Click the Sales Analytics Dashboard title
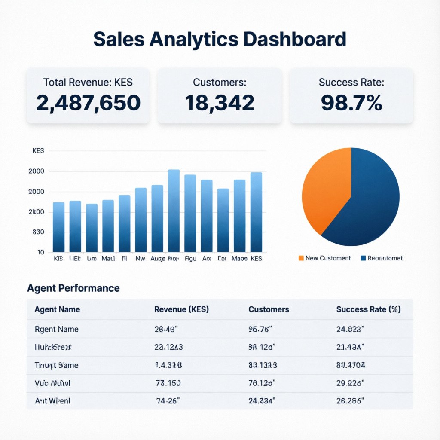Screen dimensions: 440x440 [220, 39]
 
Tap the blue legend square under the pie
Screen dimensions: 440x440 [363, 258]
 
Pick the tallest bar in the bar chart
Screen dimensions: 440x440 [174, 211]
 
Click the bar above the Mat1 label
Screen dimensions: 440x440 [108, 226]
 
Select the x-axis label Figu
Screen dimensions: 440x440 [190, 259]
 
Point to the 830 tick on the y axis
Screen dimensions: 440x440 [38, 232]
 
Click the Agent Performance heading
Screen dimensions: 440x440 [73, 288]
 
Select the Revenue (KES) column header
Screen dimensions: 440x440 [181, 309]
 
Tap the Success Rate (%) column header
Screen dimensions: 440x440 [368, 309]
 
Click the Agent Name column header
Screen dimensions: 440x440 [57, 309]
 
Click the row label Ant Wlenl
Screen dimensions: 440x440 [52, 401]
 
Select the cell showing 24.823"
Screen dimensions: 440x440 [350, 330]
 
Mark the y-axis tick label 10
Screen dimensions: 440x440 [40, 252]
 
